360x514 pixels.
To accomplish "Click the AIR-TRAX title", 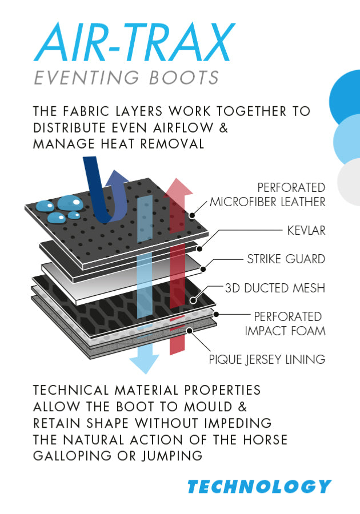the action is pyautogui.click(x=134, y=42).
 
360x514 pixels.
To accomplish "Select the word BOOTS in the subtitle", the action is pyautogui.click(x=183, y=78).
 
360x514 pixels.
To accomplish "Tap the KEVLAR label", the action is pyautogui.click(x=306, y=231).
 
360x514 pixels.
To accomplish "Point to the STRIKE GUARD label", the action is pyautogui.click(x=286, y=259).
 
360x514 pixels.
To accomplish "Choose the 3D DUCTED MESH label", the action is pyautogui.click(x=275, y=288).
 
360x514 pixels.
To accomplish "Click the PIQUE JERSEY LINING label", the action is pyautogui.click(x=267, y=359).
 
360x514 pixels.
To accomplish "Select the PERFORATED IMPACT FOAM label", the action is pyautogui.click(x=285, y=324).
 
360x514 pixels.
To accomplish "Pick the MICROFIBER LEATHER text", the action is pyautogui.click(x=267, y=202).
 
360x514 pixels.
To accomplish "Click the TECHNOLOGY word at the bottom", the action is pyautogui.click(x=259, y=487).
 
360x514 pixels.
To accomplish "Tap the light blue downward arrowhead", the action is pyautogui.click(x=145, y=363).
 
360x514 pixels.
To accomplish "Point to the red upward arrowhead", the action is pyautogui.click(x=178, y=188).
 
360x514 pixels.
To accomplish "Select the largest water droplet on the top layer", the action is pyautogui.click(x=70, y=203).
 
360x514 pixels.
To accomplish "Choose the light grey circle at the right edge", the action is pyautogui.click(x=349, y=182).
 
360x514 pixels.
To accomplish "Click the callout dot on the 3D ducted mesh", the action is pyautogui.click(x=193, y=300).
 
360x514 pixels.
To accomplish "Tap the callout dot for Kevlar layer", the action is pyautogui.click(x=199, y=249).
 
